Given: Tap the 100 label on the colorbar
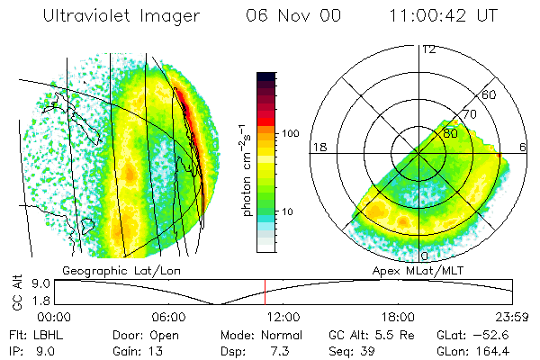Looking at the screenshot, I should (x=292, y=133).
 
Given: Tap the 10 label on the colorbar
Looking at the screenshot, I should (x=289, y=211).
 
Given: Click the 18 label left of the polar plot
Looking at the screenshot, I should (x=319, y=147).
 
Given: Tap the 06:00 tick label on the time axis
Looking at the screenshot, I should (x=168, y=317).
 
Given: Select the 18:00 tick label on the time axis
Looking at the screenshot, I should (x=398, y=317).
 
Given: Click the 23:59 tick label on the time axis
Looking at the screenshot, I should (x=512, y=317).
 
